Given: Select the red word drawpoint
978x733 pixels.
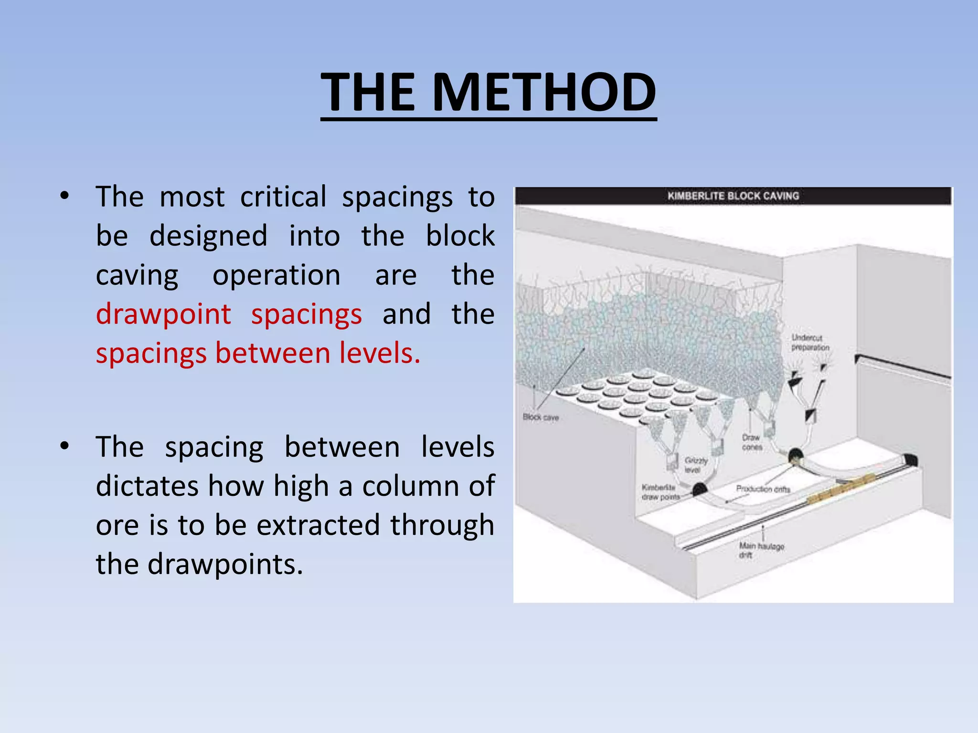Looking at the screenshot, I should pos(163,314).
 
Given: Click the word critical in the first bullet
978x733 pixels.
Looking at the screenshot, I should pos(283,197).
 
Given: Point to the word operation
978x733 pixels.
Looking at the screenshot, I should pos(276,275).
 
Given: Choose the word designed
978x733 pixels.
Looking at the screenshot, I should pos(208,236).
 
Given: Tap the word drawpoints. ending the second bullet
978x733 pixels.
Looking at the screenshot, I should pos(225,565).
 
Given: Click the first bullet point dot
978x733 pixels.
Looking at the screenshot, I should pos(65,196).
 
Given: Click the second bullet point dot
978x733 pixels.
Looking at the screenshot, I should pos(65,447).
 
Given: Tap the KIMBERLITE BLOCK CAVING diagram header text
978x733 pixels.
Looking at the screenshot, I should pos(733,196).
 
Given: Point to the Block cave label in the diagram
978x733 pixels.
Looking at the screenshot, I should pos(541,418).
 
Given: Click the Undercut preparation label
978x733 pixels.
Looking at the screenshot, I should pos(810,343).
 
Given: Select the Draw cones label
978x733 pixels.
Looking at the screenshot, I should pos(752,442).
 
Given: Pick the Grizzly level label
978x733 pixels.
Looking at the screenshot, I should pos(696,465).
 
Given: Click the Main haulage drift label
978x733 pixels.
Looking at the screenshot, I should pos(761,550).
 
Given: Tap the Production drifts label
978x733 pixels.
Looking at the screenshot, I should pos(763,489).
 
